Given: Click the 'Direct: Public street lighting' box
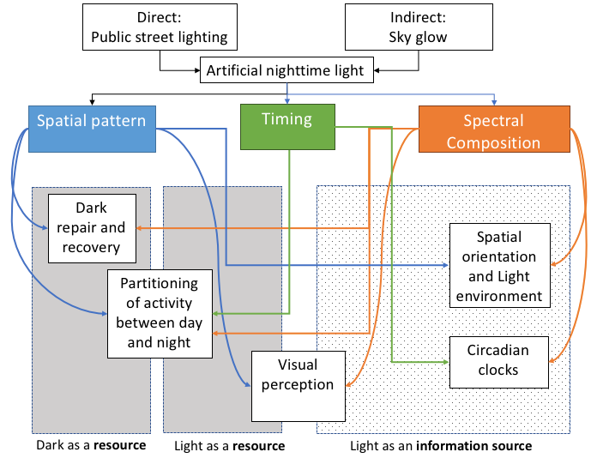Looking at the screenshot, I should [x=160, y=27].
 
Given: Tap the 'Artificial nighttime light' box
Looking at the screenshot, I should [x=286, y=70].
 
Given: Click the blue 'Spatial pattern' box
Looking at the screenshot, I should [x=91, y=121].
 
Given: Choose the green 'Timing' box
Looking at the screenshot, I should [x=287, y=120].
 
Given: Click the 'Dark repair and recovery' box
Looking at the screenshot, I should [x=92, y=228].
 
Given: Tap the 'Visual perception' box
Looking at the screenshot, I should [x=297, y=385].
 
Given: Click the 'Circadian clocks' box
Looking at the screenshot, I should [x=498, y=360].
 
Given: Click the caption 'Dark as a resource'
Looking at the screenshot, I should [x=91, y=446].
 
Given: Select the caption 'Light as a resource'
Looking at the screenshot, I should [x=229, y=446].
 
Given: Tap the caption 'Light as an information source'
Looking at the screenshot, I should [x=441, y=446].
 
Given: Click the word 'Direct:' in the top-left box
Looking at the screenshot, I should [x=160, y=17].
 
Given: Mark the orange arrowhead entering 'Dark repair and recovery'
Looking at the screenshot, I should [x=141, y=228].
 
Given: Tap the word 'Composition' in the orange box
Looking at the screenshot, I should [x=493, y=142].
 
